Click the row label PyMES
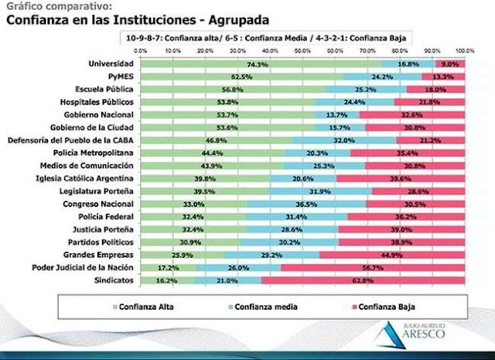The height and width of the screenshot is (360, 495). point(119,76)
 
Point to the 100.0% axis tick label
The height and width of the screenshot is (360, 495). point(464,50)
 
